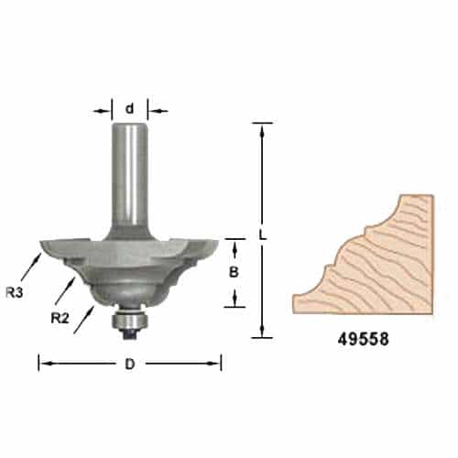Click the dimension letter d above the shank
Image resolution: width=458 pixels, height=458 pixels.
coord(129,109)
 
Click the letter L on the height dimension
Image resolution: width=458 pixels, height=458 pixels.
coord(263,234)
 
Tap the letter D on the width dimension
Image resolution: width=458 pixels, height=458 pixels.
coord(129,364)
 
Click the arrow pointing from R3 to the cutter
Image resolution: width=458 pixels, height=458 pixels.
coord(30,265)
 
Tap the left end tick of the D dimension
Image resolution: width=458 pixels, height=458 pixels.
coord(38,364)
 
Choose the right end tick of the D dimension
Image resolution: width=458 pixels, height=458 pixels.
coord(221,364)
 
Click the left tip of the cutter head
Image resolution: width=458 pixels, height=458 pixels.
coord(40,244)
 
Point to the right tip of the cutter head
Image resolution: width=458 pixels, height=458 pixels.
coord(218,242)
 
